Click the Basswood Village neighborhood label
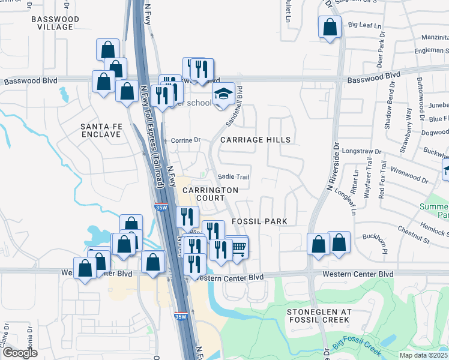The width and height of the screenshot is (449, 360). (55, 23)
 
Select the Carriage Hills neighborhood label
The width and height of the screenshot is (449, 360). (255, 140)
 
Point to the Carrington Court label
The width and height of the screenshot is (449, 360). (210, 194)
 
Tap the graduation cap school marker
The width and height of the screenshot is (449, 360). (223, 95)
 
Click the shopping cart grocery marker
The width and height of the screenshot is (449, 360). (238, 247)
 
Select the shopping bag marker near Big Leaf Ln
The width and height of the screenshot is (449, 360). (330, 28)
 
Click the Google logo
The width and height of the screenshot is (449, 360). (20, 353)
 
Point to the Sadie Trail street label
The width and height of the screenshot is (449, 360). (233, 177)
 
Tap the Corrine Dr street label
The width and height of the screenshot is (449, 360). (185, 140)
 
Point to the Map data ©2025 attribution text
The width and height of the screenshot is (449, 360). (424, 355)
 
